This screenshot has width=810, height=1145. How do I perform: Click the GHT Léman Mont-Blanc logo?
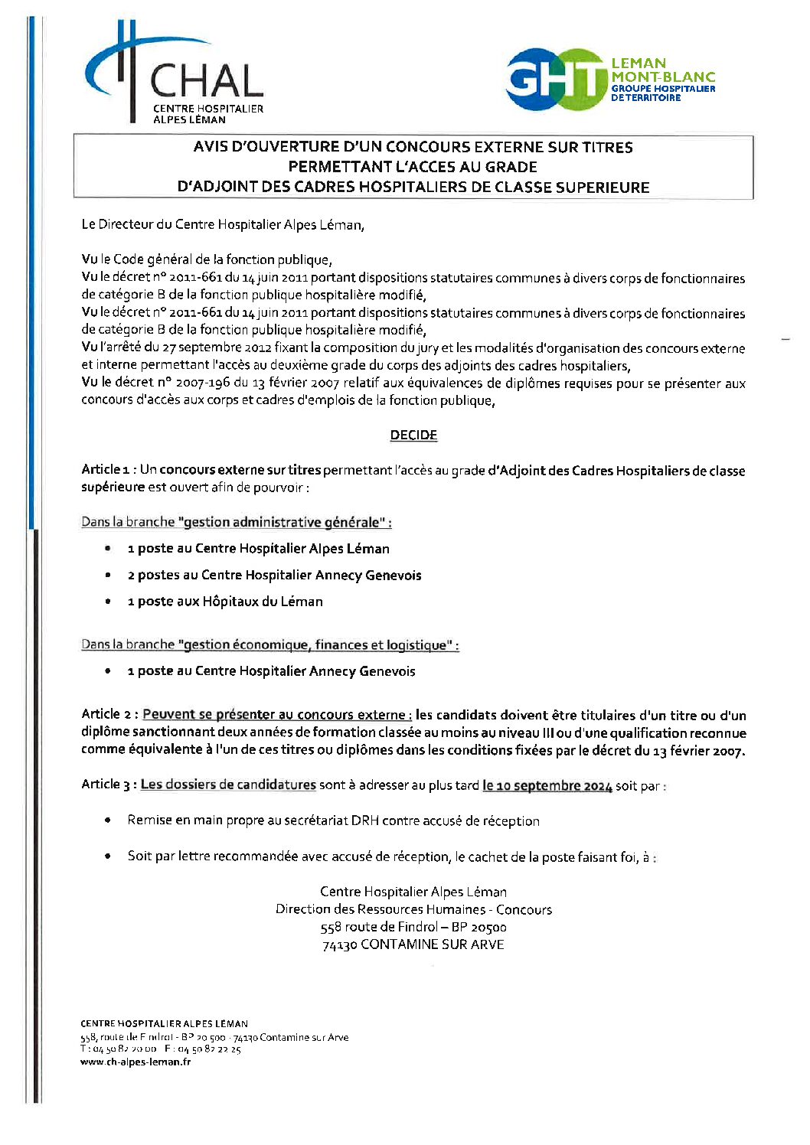click(x=609, y=79)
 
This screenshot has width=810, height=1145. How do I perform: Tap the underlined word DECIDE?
click(x=413, y=435)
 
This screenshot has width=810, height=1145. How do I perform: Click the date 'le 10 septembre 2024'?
click(x=547, y=785)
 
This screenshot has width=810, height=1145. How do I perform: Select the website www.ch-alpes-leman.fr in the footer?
click(x=136, y=1062)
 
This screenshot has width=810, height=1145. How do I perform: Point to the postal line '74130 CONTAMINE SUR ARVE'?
click(x=413, y=944)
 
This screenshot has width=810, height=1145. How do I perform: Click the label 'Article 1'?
click(x=108, y=469)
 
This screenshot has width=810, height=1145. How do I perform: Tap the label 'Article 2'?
click(x=109, y=714)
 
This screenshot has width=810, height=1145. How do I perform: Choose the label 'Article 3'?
click(x=109, y=785)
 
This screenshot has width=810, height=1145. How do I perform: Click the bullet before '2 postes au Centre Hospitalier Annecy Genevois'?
click(x=108, y=575)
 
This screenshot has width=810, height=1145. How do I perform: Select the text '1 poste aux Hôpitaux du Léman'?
click(x=225, y=602)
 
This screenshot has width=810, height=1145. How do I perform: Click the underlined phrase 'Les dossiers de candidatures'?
click(x=228, y=785)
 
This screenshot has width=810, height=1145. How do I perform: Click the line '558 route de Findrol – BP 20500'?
click(x=413, y=927)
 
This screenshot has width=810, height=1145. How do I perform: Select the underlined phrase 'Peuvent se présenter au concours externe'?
click(x=276, y=714)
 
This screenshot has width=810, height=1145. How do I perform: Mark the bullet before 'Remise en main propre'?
click(x=108, y=820)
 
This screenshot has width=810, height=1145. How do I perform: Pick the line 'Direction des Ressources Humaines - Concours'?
click(x=413, y=909)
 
